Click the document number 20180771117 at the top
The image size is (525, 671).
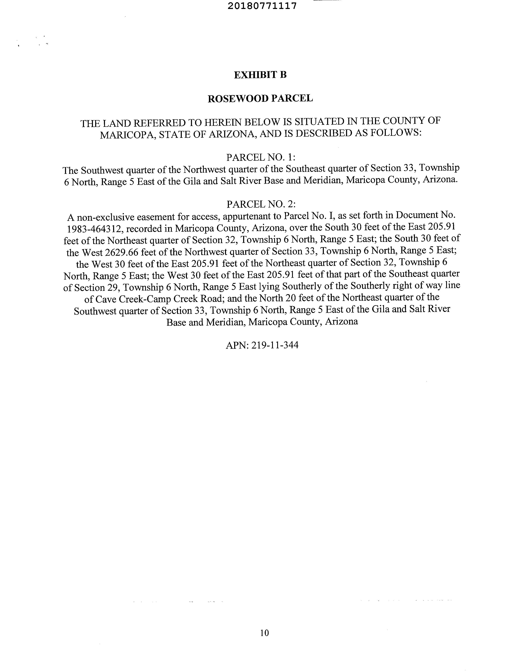[262, 6]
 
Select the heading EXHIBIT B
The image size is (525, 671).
[260, 75]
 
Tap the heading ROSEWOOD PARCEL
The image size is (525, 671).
[260, 98]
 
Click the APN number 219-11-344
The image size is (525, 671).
[275, 345]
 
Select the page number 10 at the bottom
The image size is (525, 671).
[264, 633]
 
